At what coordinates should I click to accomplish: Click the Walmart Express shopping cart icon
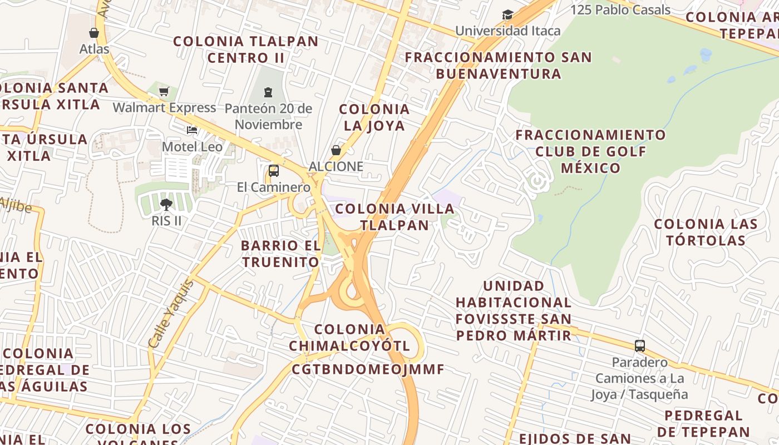tap(164, 92)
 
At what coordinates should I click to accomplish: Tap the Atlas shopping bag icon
tap(94, 33)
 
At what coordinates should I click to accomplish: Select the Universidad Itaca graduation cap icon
tap(507, 15)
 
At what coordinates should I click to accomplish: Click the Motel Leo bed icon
tap(192, 131)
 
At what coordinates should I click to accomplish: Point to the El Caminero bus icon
tap(273, 171)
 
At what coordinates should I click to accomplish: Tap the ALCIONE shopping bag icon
tap(336, 150)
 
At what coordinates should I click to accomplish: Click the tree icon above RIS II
tap(166, 205)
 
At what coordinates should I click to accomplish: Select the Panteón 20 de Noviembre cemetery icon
tap(268, 92)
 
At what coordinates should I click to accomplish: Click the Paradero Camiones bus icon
tap(640, 346)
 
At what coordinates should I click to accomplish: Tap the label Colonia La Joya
tap(374, 117)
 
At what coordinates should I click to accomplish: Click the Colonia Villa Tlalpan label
tap(395, 217)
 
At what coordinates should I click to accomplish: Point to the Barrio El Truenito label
tap(281, 254)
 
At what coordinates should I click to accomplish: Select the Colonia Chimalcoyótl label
tap(349, 338)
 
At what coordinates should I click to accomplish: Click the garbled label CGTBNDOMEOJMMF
tap(368, 369)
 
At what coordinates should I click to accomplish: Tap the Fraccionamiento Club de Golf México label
tap(590, 151)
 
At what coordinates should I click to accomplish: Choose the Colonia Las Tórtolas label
tap(706, 232)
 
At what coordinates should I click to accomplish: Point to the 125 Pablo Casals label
tap(620, 10)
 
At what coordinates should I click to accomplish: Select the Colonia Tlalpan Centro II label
tap(246, 50)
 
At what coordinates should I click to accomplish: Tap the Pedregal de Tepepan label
tap(703, 423)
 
